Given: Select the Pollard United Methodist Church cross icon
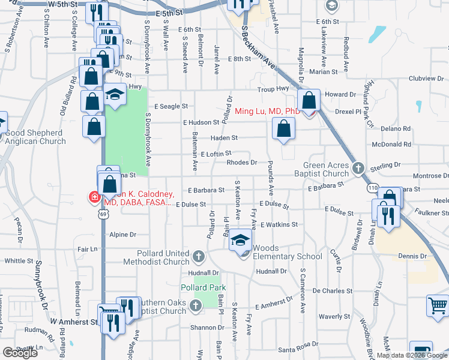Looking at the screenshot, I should tap(199, 257).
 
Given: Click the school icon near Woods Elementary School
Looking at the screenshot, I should tap(240, 241).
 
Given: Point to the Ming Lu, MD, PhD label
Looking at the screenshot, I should tap(267, 111).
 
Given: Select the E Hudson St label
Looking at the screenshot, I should tap(202, 122).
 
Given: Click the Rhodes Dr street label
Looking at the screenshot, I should tap(242, 162).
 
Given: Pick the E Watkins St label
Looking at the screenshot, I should tap(280, 224).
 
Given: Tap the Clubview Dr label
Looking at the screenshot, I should tap(426, 79).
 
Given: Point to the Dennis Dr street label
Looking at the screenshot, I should tap(412, 256).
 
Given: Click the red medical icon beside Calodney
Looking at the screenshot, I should tap(94, 196).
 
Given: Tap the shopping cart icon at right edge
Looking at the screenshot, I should tap(438, 305).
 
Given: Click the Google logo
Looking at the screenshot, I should tap(20, 353).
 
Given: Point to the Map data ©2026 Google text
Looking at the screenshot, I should tap(412, 355).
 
